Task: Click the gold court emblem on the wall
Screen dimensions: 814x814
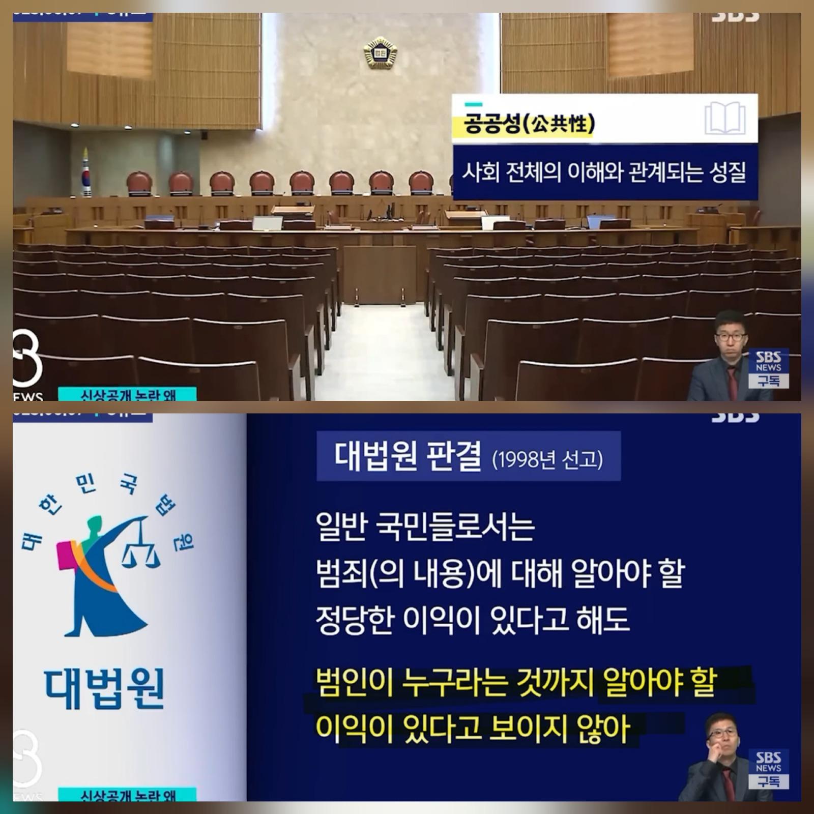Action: point(380,52)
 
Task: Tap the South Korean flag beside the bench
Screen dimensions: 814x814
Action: point(86,173)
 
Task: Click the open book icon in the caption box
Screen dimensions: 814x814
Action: point(725,119)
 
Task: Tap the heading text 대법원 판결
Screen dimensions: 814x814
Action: point(408,455)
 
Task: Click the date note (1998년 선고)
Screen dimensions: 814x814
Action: point(547,460)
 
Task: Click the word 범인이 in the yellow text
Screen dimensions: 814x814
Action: point(353,683)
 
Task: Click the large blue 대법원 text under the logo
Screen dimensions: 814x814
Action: point(104,689)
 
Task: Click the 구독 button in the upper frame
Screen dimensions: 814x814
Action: point(768,381)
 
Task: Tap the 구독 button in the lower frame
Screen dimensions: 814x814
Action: point(768,781)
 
